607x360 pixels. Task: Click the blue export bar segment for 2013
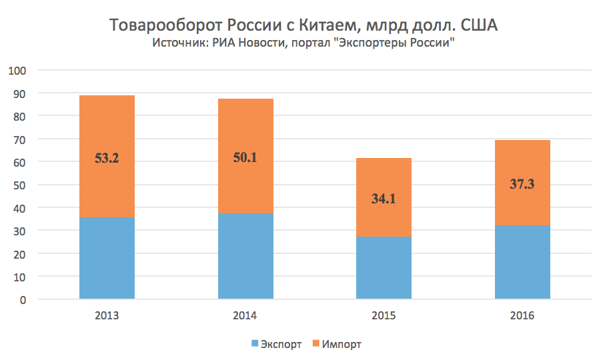click(x=107, y=258)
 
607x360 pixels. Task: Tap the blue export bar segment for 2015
click(x=384, y=268)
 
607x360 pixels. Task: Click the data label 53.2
click(x=107, y=159)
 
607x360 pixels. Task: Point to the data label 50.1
click(x=245, y=159)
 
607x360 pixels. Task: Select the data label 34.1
click(x=384, y=197)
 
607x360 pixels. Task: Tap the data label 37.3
click(x=522, y=183)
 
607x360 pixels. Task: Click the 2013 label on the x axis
click(x=107, y=315)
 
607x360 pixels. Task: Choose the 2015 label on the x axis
click(x=384, y=315)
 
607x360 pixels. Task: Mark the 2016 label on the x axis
click(x=522, y=315)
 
